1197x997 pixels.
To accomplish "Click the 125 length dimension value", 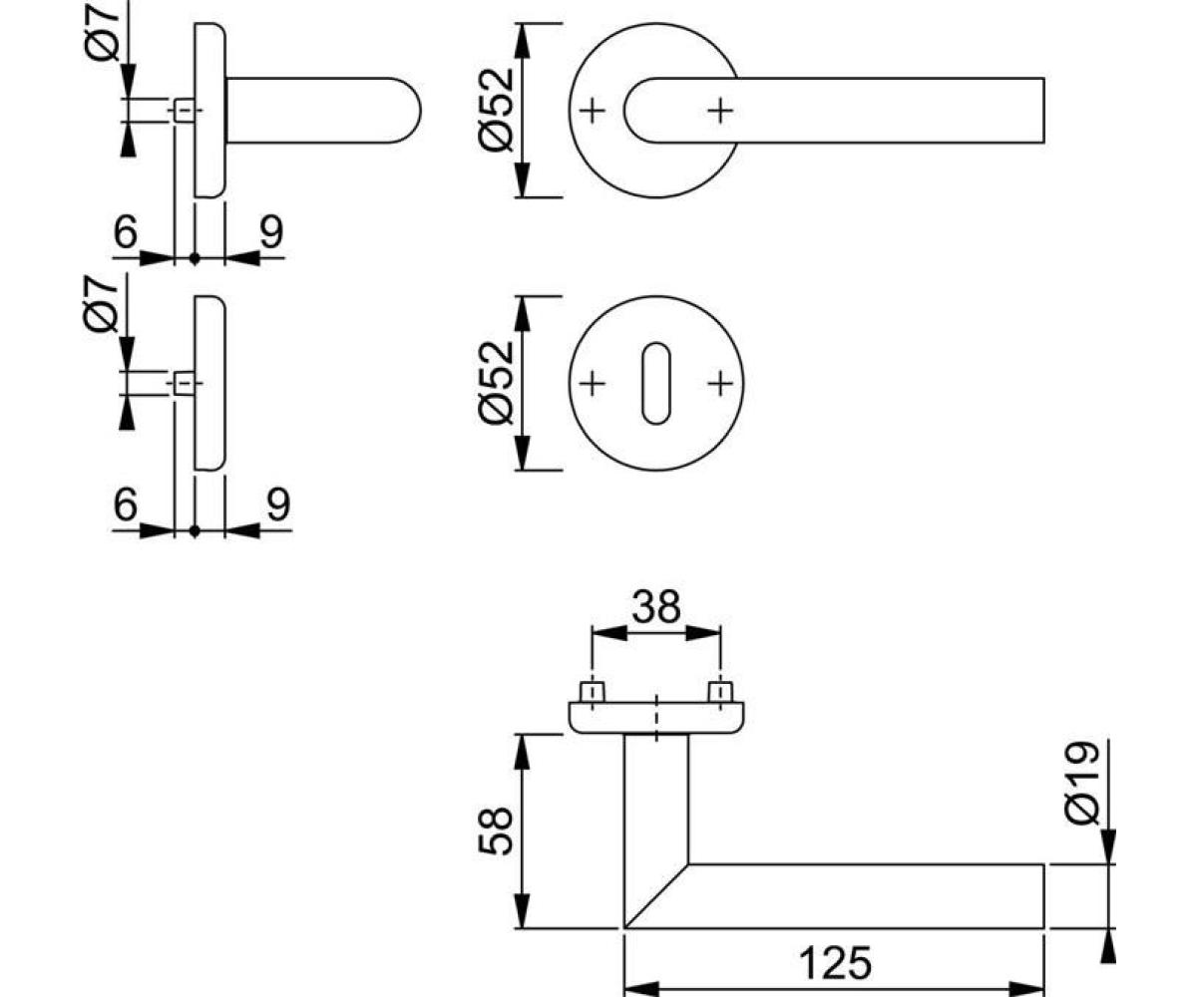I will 836,963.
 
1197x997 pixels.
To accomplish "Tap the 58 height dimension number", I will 496,831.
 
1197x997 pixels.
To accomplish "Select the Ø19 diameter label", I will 1081,784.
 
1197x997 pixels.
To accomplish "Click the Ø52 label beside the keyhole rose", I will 496,383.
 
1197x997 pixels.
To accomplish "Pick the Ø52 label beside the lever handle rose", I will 496,110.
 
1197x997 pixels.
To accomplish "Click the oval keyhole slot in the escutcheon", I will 655,383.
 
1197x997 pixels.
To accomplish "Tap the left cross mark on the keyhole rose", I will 593,383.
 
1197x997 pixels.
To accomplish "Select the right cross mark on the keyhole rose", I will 720,383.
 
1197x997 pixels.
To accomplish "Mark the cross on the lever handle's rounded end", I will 720,110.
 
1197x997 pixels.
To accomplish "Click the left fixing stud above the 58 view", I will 592,692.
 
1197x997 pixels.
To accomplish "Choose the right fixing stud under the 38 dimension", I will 719,692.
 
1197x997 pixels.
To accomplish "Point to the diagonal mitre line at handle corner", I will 656,894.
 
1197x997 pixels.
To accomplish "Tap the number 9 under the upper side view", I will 270,232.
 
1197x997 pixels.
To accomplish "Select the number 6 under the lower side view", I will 125,505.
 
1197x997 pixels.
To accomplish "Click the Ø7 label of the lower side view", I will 106,304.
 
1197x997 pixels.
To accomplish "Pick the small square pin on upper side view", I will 184,110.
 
